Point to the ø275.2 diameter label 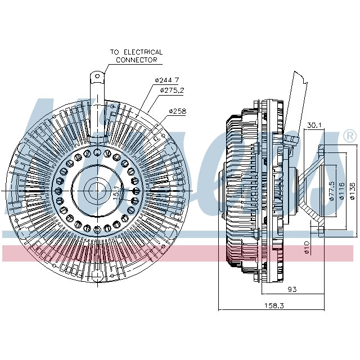pos(173,90)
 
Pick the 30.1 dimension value pos(314,125)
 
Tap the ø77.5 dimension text pos(332,190)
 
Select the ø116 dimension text pos(342,190)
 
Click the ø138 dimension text pos(352,190)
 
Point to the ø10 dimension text pos(307,247)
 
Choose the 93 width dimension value pos(292,289)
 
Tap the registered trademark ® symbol pos(349,136)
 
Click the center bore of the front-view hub pos(96,190)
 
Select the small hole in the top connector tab pos(97,75)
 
